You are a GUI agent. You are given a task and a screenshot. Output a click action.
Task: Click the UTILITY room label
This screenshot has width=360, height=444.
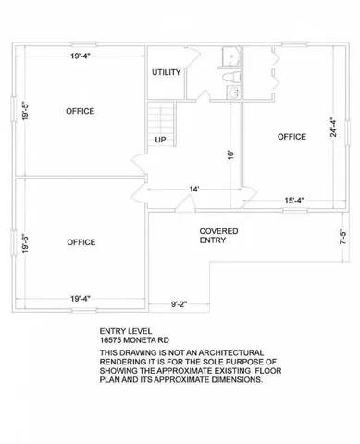click(167, 71)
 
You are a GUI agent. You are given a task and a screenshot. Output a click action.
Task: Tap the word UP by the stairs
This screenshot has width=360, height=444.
click(160, 141)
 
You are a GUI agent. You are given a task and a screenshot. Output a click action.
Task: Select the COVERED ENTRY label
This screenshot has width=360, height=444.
click(218, 235)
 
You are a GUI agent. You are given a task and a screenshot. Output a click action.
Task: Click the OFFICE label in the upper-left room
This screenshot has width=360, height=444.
click(81, 111)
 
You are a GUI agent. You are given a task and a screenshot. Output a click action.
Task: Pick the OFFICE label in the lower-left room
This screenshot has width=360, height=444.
click(81, 242)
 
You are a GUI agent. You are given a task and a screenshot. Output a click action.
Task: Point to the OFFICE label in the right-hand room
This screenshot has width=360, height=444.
click(292, 137)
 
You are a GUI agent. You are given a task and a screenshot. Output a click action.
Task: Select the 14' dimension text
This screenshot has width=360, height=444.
click(194, 190)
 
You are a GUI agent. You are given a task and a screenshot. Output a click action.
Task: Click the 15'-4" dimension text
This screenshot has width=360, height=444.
click(295, 201)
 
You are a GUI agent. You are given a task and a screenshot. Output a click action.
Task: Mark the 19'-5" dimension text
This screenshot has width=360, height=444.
click(27, 112)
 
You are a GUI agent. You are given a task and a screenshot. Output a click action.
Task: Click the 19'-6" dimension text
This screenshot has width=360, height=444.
click(27, 248)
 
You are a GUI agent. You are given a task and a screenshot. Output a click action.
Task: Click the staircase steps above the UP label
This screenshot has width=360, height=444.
click(161, 117)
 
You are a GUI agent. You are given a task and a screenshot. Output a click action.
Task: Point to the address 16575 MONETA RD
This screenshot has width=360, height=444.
click(136, 340)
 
